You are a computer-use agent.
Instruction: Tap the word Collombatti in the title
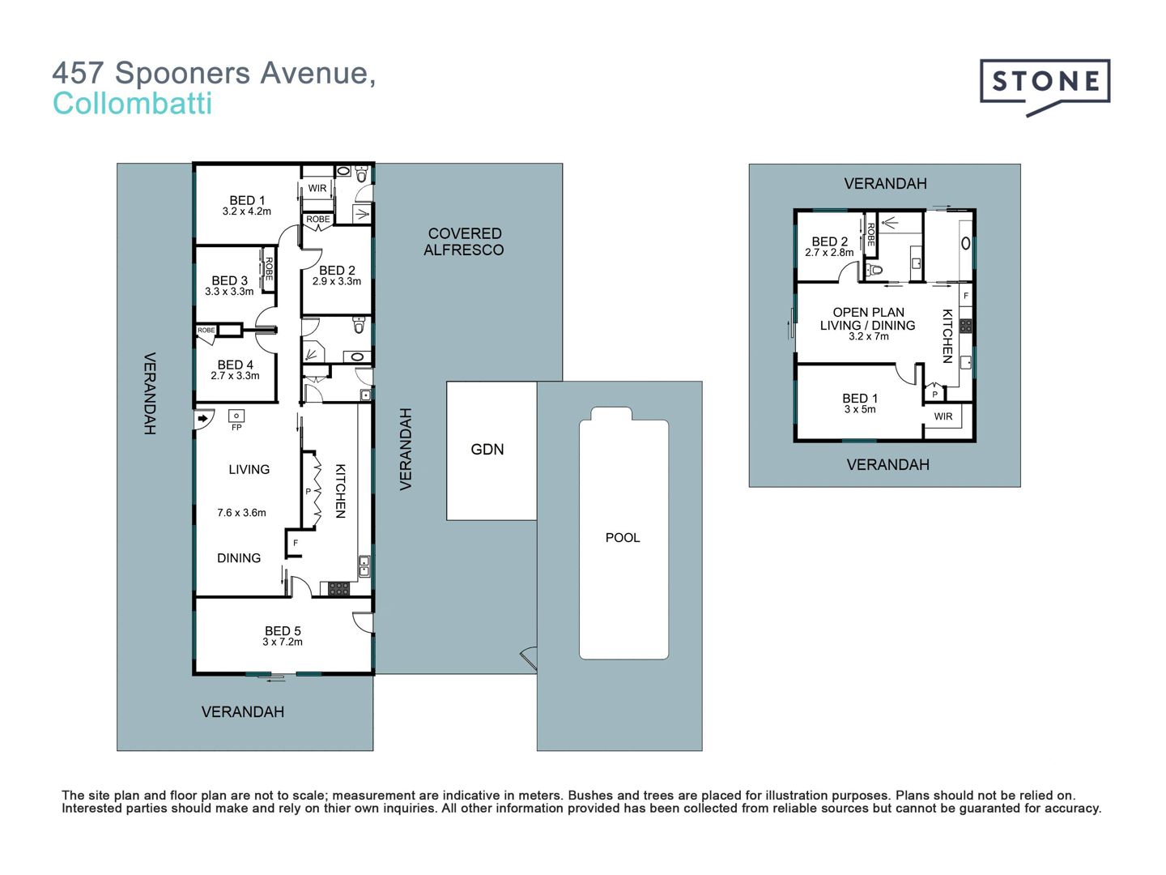tap(132, 104)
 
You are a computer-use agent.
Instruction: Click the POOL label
tap(623, 538)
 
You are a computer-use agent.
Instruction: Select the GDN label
tap(487, 450)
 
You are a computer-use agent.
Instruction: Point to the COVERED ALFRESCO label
tap(464, 241)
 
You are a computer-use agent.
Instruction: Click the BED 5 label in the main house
tap(283, 630)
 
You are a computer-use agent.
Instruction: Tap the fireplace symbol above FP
tap(236, 416)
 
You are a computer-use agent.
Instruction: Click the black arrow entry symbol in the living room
tap(202, 419)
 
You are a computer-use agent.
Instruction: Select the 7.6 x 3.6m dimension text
tap(241, 513)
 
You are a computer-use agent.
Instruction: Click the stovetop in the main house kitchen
tap(338, 589)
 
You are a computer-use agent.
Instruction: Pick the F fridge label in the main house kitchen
tap(296, 543)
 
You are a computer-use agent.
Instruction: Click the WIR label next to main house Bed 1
tap(317, 188)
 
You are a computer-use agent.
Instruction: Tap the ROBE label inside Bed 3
tap(269, 269)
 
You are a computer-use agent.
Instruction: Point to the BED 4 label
tap(236, 365)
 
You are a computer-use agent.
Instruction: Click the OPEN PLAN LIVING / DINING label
tap(868, 318)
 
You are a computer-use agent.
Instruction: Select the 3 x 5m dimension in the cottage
tap(860, 409)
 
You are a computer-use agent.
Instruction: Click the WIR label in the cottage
tap(943, 416)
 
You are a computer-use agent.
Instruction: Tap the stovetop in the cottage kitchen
tap(966, 326)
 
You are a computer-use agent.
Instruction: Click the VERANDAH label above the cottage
tap(886, 184)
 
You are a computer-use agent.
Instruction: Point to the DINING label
tap(239, 558)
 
